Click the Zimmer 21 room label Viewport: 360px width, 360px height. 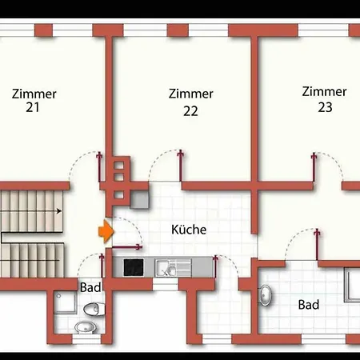click(x=34, y=101)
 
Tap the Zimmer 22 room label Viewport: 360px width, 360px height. click(x=190, y=102)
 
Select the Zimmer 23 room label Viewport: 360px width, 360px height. click(x=324, y=99)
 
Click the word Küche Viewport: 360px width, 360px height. click(x=189, y=230)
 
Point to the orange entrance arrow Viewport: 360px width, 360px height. click(x=106, y=231)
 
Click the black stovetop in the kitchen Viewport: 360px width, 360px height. click(x=134, y=267)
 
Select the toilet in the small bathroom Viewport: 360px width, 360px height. click(x=94, y=310)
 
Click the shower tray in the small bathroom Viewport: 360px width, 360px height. click(x=66, y=302)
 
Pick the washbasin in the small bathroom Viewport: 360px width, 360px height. click(x=86, y=327)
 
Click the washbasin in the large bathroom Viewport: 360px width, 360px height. click(x=265, y=295)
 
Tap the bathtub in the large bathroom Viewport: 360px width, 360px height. click(x=352, y=285)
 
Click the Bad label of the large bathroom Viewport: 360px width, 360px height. click(x=309, y=305)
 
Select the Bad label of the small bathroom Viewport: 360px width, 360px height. click(x=90, y=287)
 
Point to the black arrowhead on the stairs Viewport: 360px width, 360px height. click(x=59, y=211)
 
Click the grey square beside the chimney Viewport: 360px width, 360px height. click(x=139, y=200)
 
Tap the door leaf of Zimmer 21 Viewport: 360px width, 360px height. click(x=99, y=167)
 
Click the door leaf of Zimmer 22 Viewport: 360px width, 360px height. click(x=181, y=166)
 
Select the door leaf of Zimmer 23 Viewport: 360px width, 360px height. click(x=314, y=167)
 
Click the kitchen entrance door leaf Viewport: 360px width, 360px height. click(x=126, y=247)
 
